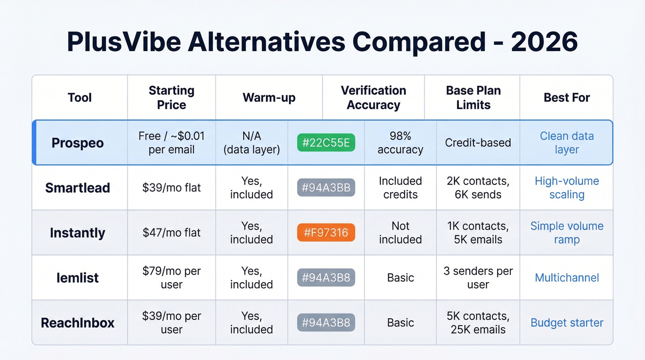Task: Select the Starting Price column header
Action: point(171,98)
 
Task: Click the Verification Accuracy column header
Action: point(373,98)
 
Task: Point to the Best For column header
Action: point(567,98)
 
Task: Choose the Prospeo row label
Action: point(77,143)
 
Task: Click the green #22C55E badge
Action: point(326,143)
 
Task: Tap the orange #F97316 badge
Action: point(326,233)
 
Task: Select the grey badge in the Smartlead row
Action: point(326,188)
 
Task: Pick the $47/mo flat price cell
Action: point(171,233)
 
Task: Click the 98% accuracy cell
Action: point(400,143)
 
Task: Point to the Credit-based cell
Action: point(478,143)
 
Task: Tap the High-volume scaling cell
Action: point(567,188)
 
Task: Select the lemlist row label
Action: point(77,278)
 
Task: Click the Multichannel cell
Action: point(567,278)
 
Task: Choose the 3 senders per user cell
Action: point(478,278)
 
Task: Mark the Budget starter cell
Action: point(567,323)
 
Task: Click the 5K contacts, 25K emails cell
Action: point(478,323)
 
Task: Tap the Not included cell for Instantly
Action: point(400,233)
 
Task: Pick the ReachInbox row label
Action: point(77,323)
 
